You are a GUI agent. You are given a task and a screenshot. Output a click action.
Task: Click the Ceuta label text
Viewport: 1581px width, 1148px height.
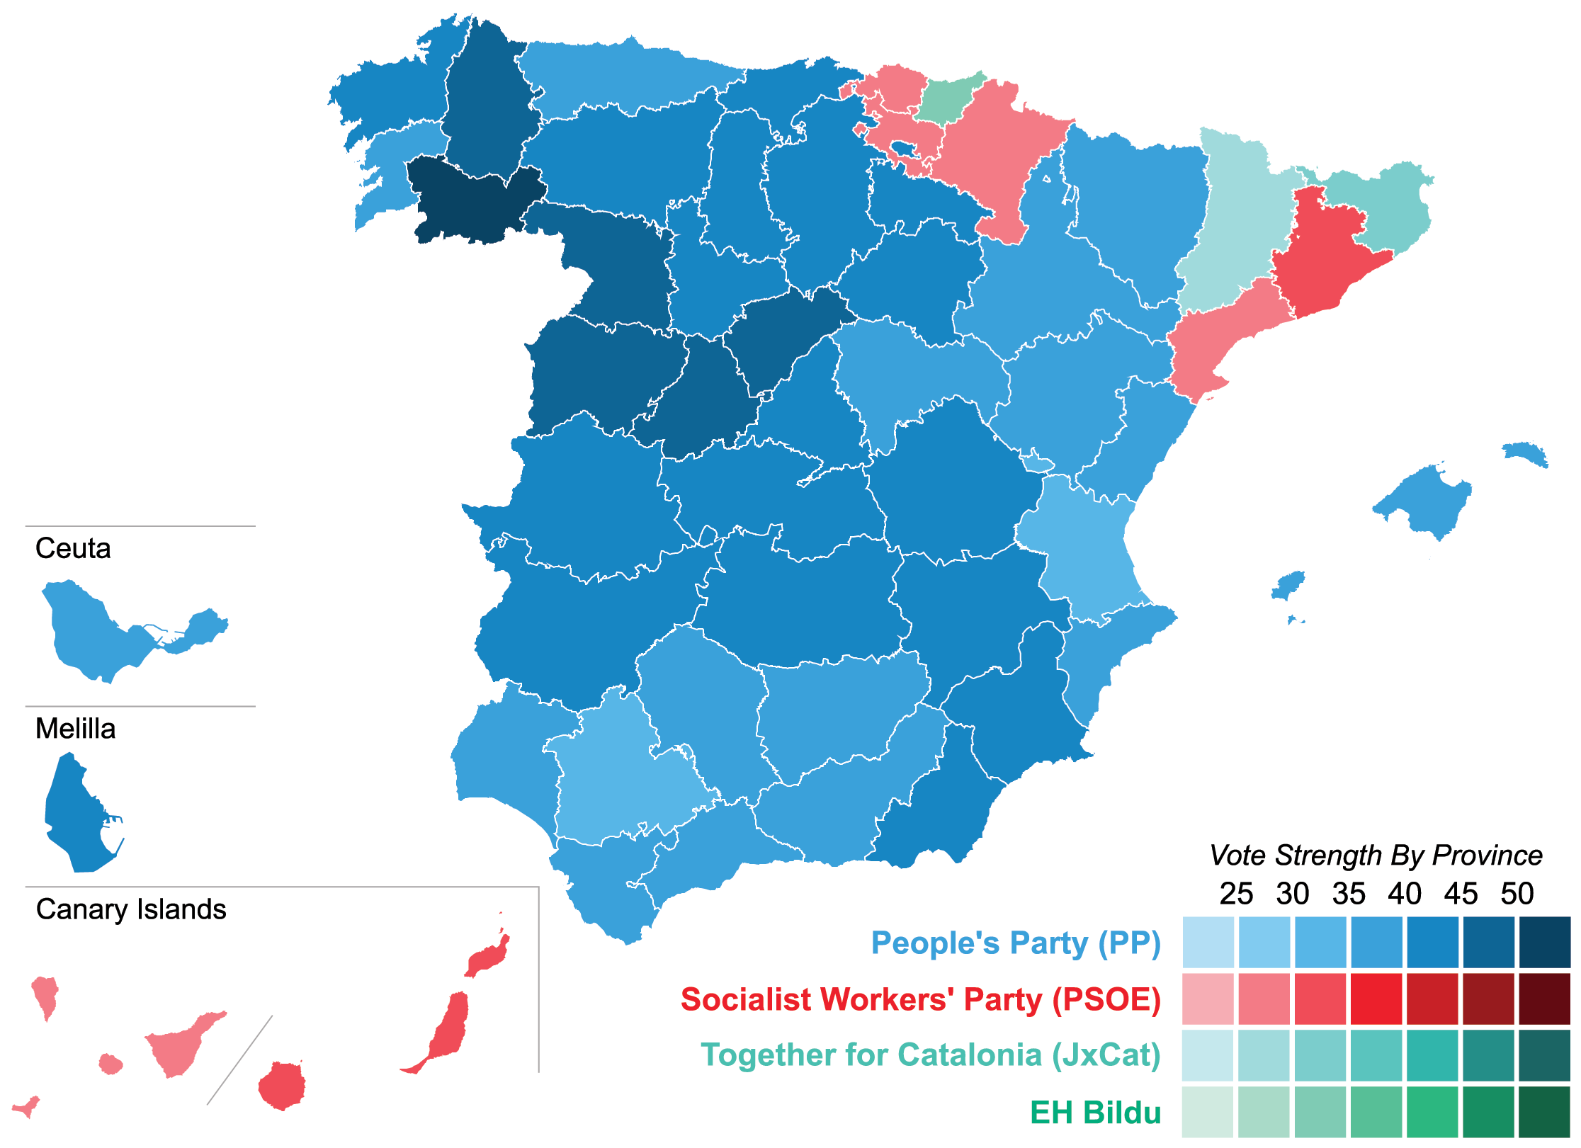pyautogui.click(x=73, y=549)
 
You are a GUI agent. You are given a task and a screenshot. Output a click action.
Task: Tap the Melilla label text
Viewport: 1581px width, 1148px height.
pyautogui.click(x=75, y=729)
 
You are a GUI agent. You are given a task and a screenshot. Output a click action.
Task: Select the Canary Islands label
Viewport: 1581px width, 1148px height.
pyautogui.click(x=131, y=909)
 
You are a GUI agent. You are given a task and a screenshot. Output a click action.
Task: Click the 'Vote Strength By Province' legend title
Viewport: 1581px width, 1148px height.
pyautogui.click(x=1375, y=856)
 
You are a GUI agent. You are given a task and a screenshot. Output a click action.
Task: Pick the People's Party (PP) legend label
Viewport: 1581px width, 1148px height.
pyautogui.click(x=1015, y=943)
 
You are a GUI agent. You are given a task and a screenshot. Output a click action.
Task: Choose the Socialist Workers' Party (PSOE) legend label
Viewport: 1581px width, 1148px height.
pyautogui.click(x=920, y=999)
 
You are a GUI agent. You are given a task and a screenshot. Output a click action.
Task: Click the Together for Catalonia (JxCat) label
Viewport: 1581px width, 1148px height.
pyautogui.click(x=930, y=1055)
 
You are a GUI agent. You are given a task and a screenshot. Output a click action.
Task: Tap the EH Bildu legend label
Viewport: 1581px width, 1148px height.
pyautogui.click(x=1095, y=1113)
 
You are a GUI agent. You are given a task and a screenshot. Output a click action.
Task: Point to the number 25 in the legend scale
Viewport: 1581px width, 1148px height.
pyautogui.click(x=1236, y=894)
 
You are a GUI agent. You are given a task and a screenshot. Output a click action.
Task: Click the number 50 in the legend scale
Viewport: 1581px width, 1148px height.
pyautogui.click(x=1517, y=894)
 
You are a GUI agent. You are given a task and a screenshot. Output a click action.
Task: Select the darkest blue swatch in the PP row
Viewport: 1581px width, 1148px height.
pyautogui.click(x=1544, y=943)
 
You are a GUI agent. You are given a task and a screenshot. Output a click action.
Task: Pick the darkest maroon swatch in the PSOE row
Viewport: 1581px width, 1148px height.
pyautogui.click(x=1544, y=999)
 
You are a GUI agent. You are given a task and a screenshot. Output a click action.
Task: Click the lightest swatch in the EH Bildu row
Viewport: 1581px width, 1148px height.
pyautogui.click(x=1208, y=1112)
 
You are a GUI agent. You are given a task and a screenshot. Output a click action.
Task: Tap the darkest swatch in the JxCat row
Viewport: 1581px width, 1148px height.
pyautogui.click(x=1544, y=1055)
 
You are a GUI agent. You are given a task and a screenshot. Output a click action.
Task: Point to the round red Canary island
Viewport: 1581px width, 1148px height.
pyautogui.click(x=282, y=1085)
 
